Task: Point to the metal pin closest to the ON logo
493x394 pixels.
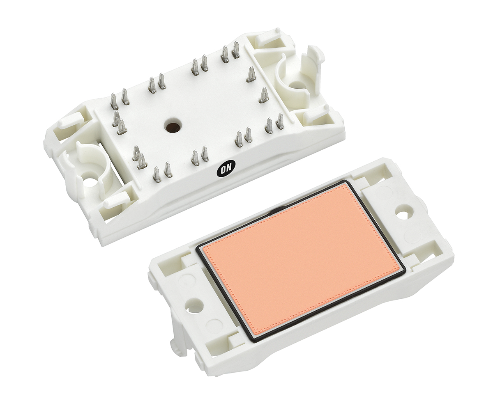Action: [205, 155]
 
